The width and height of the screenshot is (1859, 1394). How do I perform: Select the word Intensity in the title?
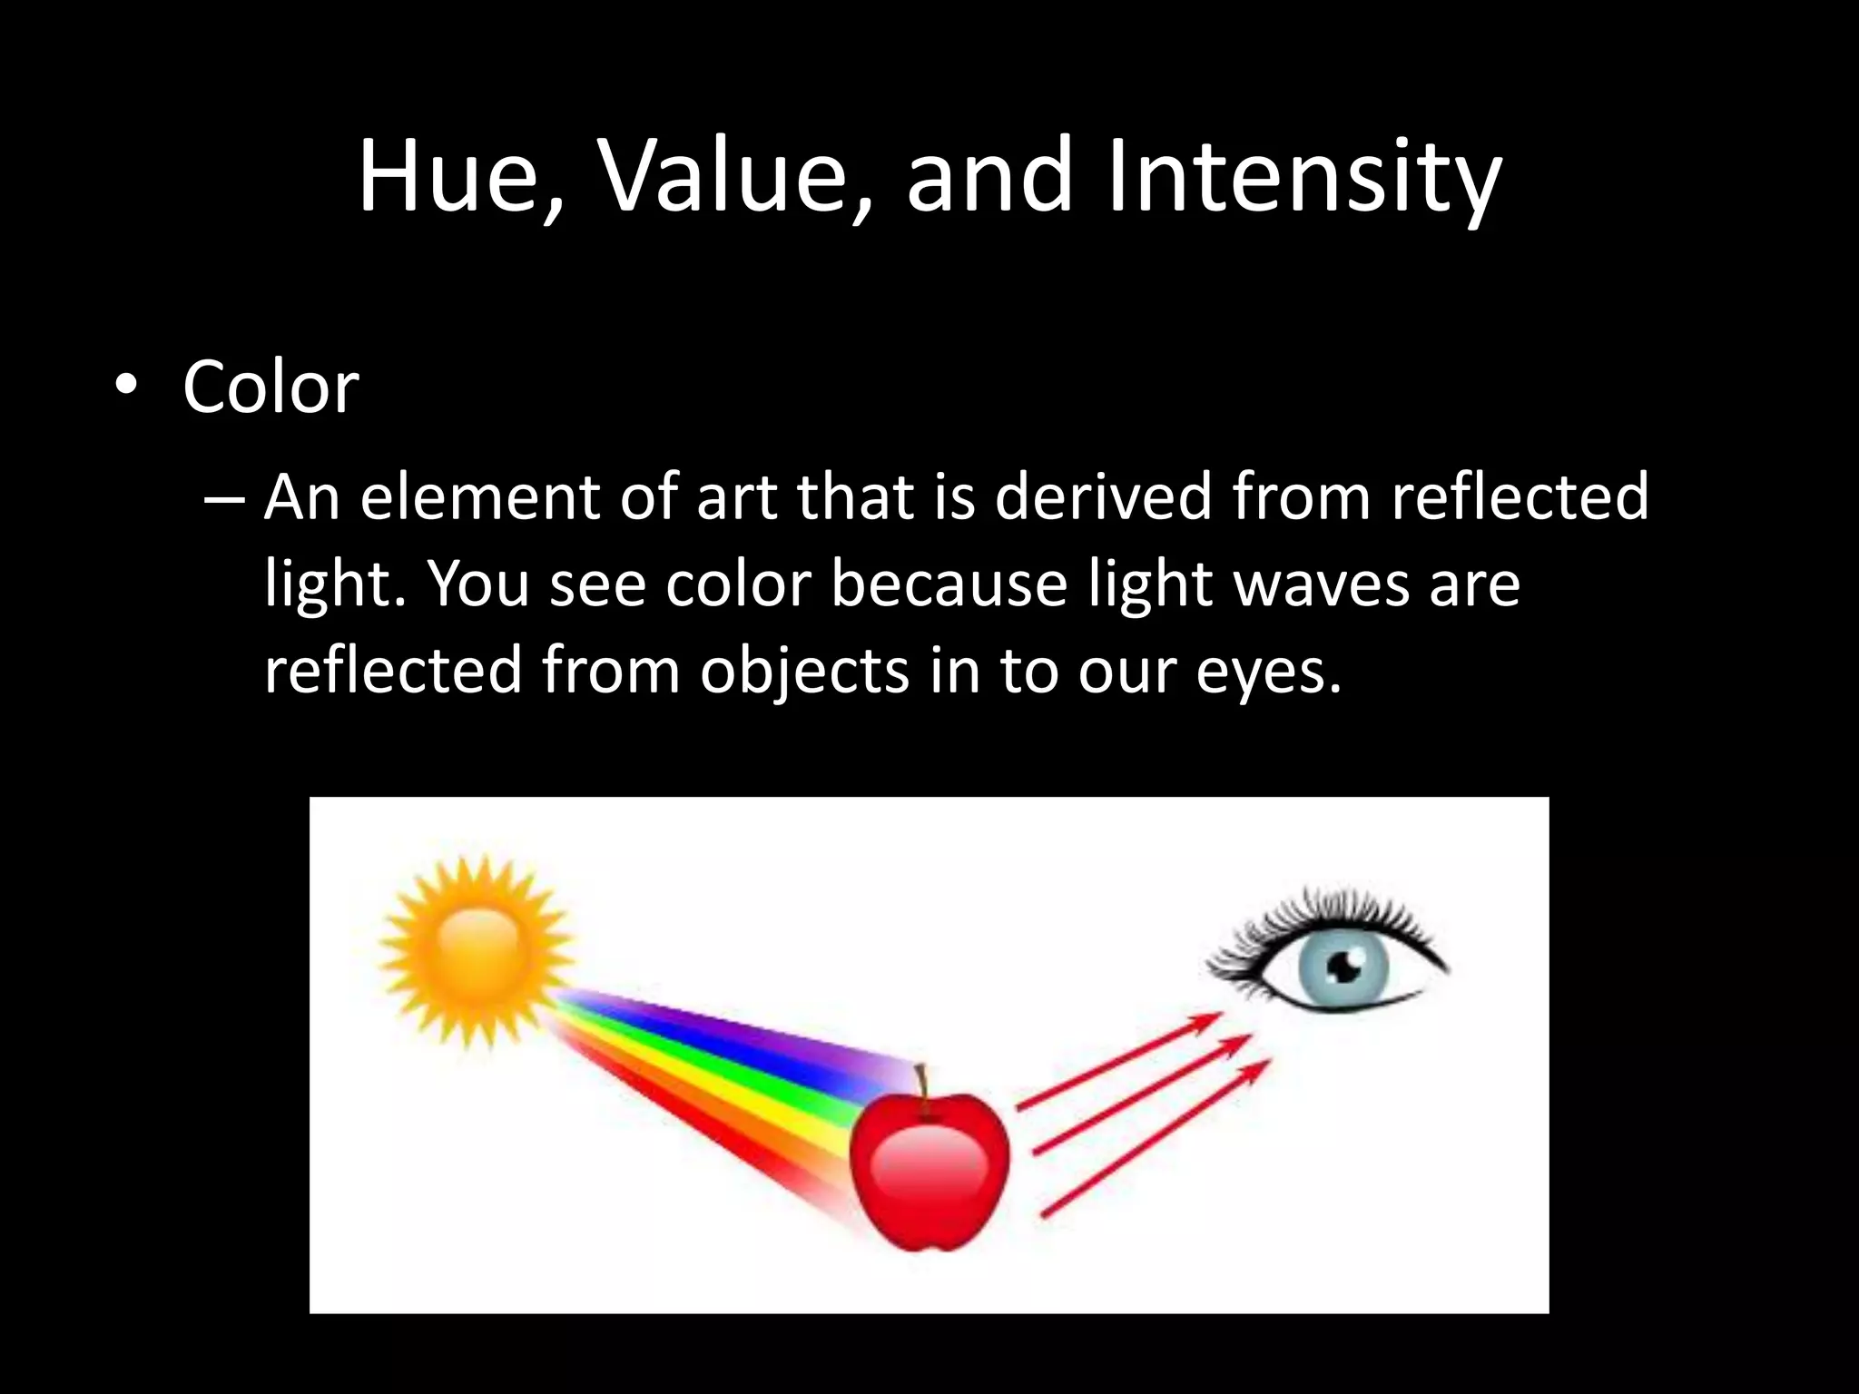click(1303, 177)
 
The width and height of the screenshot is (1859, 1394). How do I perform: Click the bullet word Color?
click(270, 388)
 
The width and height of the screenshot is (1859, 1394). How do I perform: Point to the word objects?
click(804, 671)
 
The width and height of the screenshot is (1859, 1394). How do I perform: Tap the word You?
click(478, 583)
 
